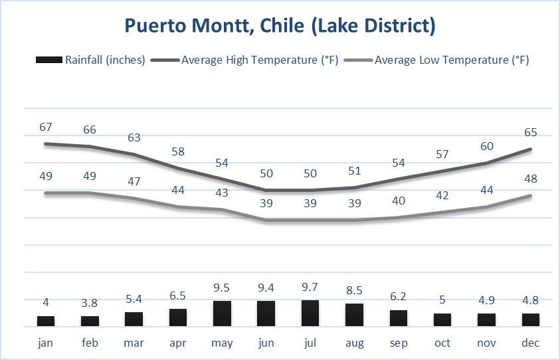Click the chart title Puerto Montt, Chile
(x=280, y=27)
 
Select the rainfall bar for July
(x=310, y=314)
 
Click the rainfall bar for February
(x=90, y=321)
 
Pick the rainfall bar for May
(x=222, y=314)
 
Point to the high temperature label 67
(x=46, y=127)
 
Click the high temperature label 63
(x=134, y=137)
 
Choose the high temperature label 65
(x=531, y=132)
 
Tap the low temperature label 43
(x=222, y=193)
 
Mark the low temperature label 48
(x=531, y=179)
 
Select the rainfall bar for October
(x=442, y=320)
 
